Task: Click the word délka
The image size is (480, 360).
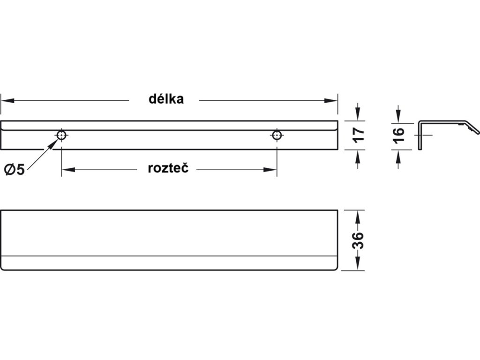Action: click(x=166, y=99)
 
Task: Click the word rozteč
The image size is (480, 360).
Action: click(x=168, y=169)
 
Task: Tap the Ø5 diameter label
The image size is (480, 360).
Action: click(x=15, y=170)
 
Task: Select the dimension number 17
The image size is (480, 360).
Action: click(x=358, y=135)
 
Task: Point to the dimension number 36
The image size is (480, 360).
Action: click(x=358, y=240)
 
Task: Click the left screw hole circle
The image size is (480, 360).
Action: click(x=61, y=135)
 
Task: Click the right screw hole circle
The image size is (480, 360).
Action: click(x=277, y=135)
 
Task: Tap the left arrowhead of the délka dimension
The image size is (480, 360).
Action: click(x=6, y=100)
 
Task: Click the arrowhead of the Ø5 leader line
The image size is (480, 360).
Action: click(x=55, y=140)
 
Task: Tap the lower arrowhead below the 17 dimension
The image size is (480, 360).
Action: click(x=358, y=155)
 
